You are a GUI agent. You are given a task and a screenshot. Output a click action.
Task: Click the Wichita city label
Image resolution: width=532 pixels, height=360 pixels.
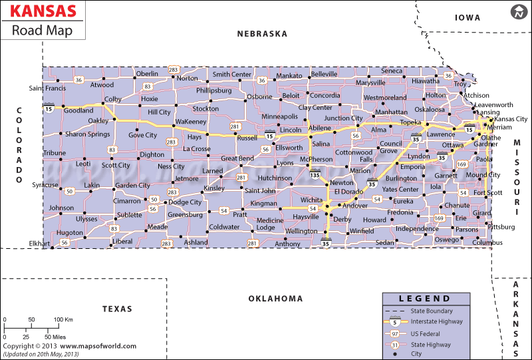pyautogui.click(x=311, y=200)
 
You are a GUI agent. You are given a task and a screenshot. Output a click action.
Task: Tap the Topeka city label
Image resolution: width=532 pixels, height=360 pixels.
pyautogui.click(x=410, y=123)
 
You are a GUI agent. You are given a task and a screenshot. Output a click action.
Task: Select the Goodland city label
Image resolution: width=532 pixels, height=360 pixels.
pyautogui.click(x=78, y=110)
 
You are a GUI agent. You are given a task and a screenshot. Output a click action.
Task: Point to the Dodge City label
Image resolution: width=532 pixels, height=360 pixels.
pyautogui.click(x=185, y=202)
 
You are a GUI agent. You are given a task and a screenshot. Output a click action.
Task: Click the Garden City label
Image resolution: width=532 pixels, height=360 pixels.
pyautogui.click(x=132, y=186)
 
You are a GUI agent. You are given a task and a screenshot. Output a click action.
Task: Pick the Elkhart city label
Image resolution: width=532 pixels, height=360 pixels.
pyautogui.click(x=40, y=244)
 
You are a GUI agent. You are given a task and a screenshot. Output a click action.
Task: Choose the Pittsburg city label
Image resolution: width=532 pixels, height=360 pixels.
pyautogui.click(x=501, y=227)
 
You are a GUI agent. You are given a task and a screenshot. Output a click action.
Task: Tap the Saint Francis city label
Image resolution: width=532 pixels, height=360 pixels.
pyautogui.click(x=47, y=88)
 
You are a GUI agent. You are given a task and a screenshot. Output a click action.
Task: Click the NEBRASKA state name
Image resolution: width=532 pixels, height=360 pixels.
pyautogui.click(x=262, y=34)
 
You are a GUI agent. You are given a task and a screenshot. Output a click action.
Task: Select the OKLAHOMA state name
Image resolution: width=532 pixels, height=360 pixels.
pyautogui.click(x=275, y=299)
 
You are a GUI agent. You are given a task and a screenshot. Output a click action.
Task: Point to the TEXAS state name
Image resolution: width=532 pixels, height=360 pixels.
pyautogui.click(x=118, y=309)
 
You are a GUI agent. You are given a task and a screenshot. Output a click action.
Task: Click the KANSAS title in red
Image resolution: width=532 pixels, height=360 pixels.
pyautogui.click(x=41, y=12)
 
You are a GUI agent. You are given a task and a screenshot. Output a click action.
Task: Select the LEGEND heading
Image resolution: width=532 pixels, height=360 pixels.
pyautogui.click(x=424, y=299)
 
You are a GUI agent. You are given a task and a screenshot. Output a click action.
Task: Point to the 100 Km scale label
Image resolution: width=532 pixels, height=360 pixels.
pyautogui.click(x=63, y=320)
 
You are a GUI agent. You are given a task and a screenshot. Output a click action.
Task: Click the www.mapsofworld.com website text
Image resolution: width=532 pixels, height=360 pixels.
pyautogui.click(x=98, y=346)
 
